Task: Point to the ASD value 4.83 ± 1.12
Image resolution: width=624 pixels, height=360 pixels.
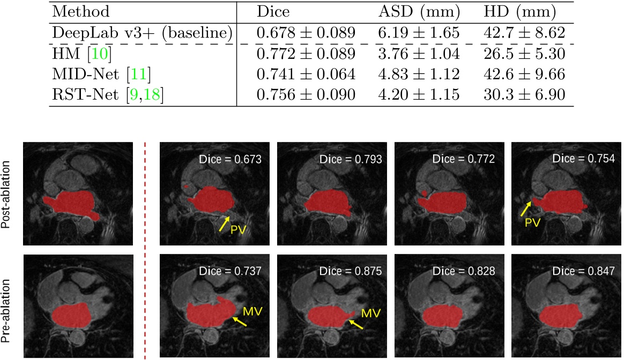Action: coord(419,74)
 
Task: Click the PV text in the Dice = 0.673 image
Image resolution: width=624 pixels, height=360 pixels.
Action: coord(238,230)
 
